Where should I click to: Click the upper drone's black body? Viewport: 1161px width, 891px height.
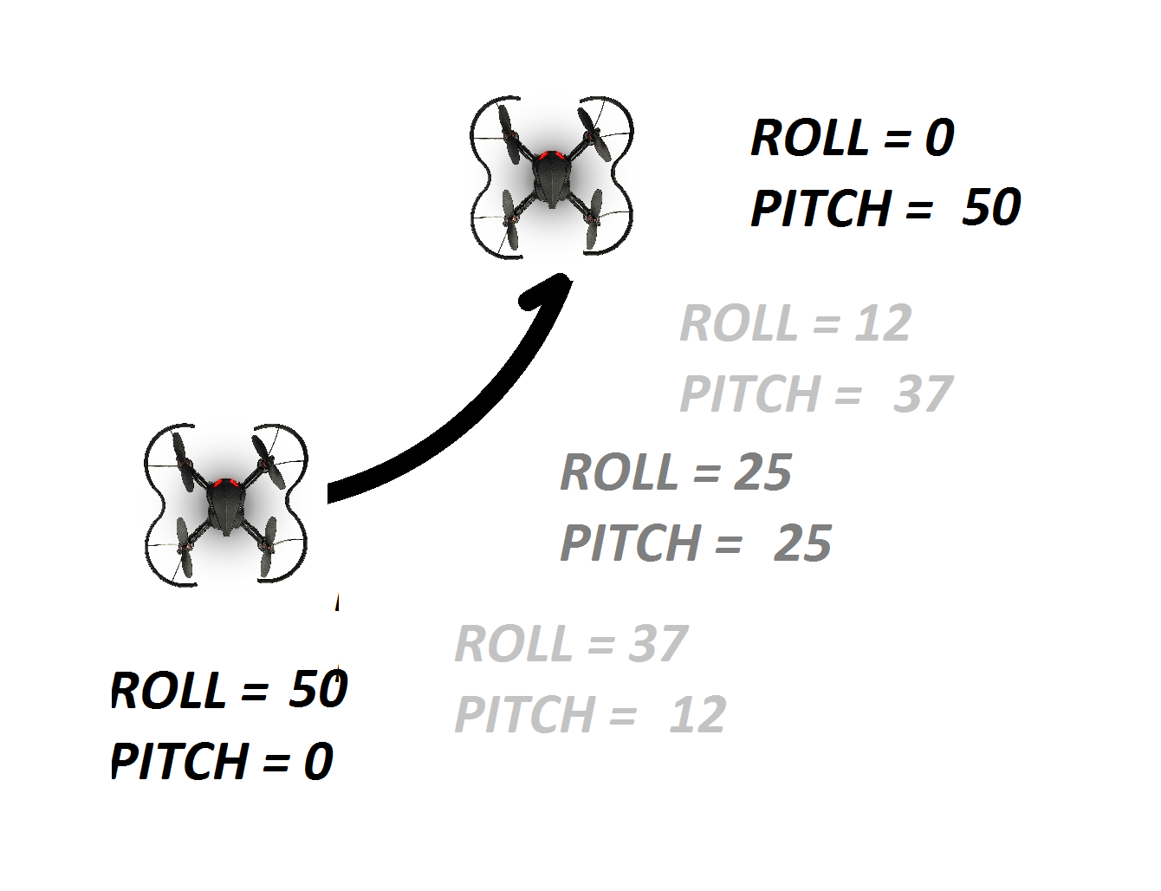pyautogui.click(x=552, y=179)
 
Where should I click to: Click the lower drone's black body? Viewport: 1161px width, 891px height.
pyautogui.click(x=225, y=507)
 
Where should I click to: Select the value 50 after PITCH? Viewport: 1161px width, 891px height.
pyautogui.click(x=992, y=207)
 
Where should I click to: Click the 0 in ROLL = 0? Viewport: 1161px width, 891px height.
pyautogui.click(x=939, y=137)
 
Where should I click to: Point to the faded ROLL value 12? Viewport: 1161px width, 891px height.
pyautogui.click(x=882, y=322)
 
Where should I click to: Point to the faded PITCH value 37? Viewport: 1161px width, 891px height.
pyautogui.click(x=922, y=393)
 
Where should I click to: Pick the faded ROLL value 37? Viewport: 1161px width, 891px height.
pyautogui.click(x=657, y=643)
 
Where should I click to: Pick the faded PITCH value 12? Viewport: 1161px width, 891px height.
pyautogui.click(x=697, y=714)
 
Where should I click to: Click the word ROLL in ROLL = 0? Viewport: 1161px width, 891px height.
pyautogui.click(x=810, y=137)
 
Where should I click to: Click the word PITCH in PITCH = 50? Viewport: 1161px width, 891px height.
pyautogui.click(x=820, y=208)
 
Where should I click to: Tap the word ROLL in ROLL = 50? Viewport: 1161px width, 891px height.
pyautogui.click(x=169, y=690)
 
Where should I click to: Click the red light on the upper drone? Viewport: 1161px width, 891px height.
pyautogui.click(x=551, y=155)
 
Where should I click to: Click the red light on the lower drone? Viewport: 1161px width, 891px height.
pyautogui.click(x=225, y=483)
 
